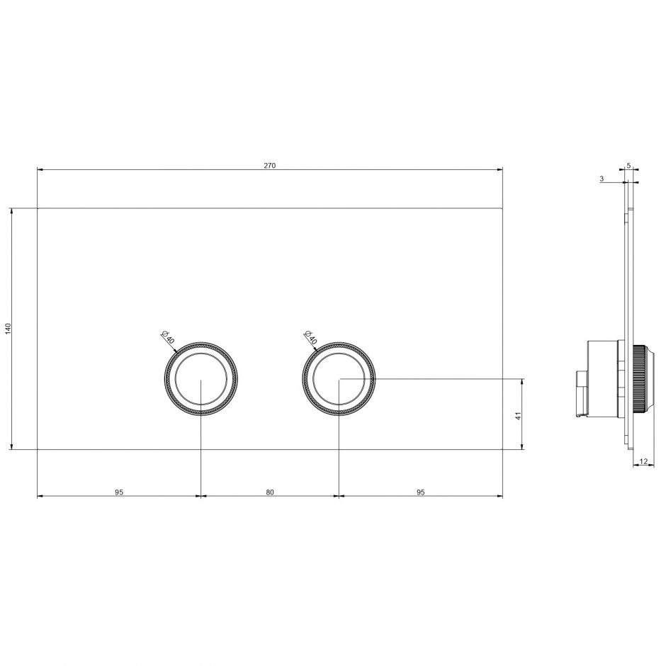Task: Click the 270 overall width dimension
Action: (x=269, y=165)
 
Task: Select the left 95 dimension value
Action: (x=119, y=492)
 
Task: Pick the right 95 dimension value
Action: (x=421, y=492)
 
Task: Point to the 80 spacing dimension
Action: (x=270, y=492)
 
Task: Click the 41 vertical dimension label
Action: (x=518, y=416)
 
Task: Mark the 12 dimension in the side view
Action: (x=643, y=461)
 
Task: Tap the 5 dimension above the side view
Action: (x=628, y=165)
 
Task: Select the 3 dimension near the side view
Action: (x=602, y=179)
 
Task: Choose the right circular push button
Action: (x=339, y=379)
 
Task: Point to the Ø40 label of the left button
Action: (x=167, y=337)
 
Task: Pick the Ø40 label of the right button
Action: (x=309, y=337)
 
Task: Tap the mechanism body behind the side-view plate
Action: (x=602, y=379)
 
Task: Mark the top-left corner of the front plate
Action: (x=38, y=208)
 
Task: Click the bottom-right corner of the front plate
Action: (x=502, y=448)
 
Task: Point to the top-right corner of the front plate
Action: (x=502, y=208)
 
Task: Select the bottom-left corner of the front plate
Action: (x=38, y=448)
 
